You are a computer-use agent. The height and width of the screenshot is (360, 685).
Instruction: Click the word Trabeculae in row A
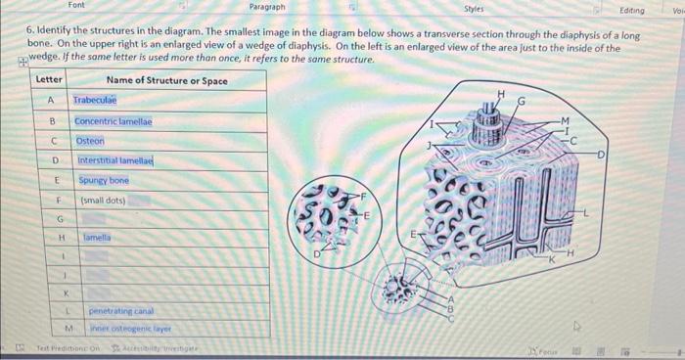[x=95, y=100]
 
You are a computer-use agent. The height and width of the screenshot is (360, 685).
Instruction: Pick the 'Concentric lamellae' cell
[x=114, y=121]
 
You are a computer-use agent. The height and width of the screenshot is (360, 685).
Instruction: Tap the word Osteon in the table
[x=90, y=141]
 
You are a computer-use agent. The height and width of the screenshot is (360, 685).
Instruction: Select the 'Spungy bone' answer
[x=104, y=181]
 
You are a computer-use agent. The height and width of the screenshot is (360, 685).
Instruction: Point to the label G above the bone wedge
[x=522, y=99]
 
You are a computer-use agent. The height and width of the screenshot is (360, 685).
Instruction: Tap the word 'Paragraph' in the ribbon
[x=267, y=7]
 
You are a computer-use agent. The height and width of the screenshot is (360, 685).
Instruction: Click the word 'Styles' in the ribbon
[x=474, y=7]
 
